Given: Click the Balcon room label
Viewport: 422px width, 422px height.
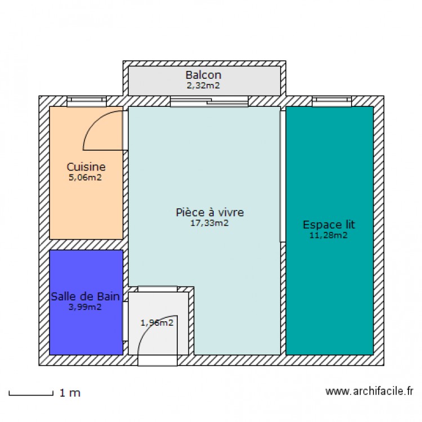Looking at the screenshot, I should [x=203, y=75].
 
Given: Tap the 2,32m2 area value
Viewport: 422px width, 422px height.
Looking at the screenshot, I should [x=203, y=86].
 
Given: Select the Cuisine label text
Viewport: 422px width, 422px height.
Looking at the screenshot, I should [x=86, y=167].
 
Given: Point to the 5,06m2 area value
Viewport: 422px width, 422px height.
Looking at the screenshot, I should [x=86, y=177].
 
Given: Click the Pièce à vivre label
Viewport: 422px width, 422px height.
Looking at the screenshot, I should [x=209, y=212].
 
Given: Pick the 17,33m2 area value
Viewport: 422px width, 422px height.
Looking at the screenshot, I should [x=209, y=223].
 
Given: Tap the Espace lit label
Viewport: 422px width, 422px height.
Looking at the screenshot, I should [x=329, y=225].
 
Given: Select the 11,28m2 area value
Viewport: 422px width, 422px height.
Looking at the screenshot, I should [x=329, y=235].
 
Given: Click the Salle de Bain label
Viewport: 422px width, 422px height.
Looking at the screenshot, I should [x=86, y=296].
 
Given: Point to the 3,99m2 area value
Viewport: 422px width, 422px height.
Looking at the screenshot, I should [x=86, y=307].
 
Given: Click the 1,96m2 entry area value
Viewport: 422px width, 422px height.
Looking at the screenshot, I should [x=156, y=323].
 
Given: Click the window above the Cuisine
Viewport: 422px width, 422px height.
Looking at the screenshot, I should [x=86, y=101].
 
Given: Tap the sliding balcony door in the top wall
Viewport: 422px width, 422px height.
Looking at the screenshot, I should [x=209, y=101].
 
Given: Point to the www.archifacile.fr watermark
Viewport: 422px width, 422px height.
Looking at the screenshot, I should [x=370, y=391].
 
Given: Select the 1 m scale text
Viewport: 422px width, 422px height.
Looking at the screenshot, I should [x=70, y=393].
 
